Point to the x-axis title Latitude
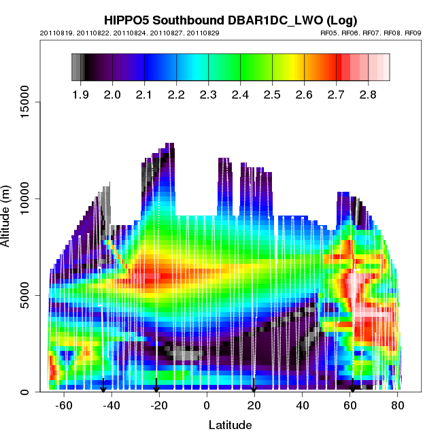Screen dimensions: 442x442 click(230, 425)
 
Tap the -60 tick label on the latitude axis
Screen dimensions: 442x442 click(64, 406)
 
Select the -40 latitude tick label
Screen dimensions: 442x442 click(112, 406)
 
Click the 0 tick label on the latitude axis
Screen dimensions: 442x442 click(207, 406)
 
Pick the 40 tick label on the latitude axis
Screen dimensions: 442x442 click(303, 406)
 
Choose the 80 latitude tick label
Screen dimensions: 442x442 click(398, 406)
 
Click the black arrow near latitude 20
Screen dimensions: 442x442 click(254, 386)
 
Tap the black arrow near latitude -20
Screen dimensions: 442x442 click(156, 386)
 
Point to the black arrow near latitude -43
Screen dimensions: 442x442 click(103, 386)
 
